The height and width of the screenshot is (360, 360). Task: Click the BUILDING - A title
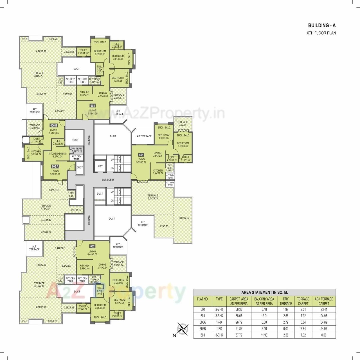coord(322,26)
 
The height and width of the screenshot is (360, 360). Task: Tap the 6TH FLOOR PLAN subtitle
coord(321,33)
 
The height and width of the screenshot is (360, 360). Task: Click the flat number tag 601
coord(141,155)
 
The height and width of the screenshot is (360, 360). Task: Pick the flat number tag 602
coord(93,247)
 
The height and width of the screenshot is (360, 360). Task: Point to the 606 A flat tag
coord(55,166)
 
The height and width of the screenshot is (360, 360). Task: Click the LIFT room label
coord(100,166)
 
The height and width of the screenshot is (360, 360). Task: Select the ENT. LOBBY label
coord(108,180)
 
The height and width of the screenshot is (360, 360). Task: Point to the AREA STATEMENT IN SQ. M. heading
coord(264,292)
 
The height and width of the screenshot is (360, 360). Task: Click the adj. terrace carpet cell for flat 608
coord(323,335)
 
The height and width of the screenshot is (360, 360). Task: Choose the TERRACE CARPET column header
coord(303,301)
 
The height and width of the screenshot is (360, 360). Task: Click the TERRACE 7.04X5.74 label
coord(153,197)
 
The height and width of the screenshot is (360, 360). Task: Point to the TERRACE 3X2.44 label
coord(183,123)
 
